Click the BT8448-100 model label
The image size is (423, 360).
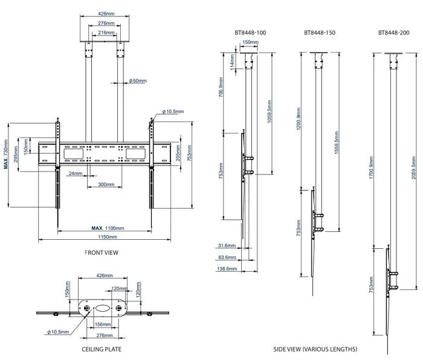250,33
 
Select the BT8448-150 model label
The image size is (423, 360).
320,33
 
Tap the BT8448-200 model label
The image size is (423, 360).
393,33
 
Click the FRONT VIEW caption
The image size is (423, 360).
102,252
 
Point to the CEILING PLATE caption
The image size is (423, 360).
102,349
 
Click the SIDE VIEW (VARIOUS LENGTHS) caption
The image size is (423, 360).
315,349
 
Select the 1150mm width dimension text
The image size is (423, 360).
108,237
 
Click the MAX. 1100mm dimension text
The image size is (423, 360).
108,228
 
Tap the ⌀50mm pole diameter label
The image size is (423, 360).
138,80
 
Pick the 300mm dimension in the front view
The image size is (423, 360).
106,184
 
